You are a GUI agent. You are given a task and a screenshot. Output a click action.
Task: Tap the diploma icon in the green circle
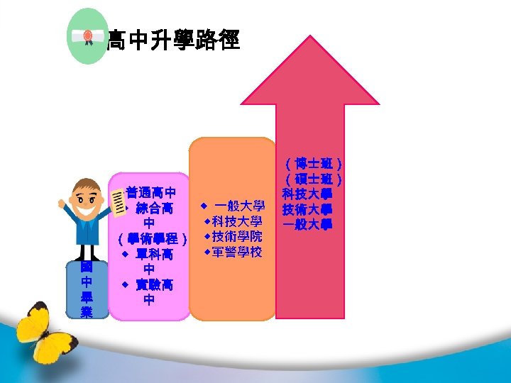click(87, 36)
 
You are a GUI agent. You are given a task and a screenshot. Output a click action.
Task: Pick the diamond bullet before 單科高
click(123, 253)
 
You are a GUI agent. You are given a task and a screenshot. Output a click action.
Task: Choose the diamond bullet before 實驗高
click(123, 284)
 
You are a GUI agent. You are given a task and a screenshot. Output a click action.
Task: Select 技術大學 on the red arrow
click(308, 209)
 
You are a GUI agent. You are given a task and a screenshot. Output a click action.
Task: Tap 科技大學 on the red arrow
click(308, 194)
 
